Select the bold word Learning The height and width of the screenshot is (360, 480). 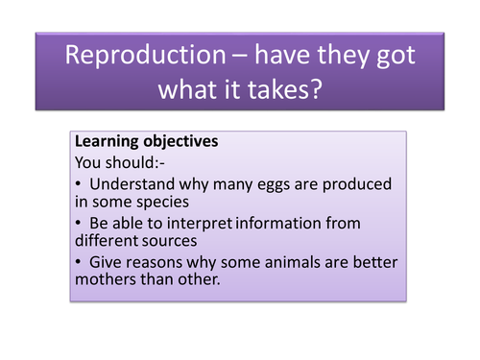pyautogui.click(x=108, y=141)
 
